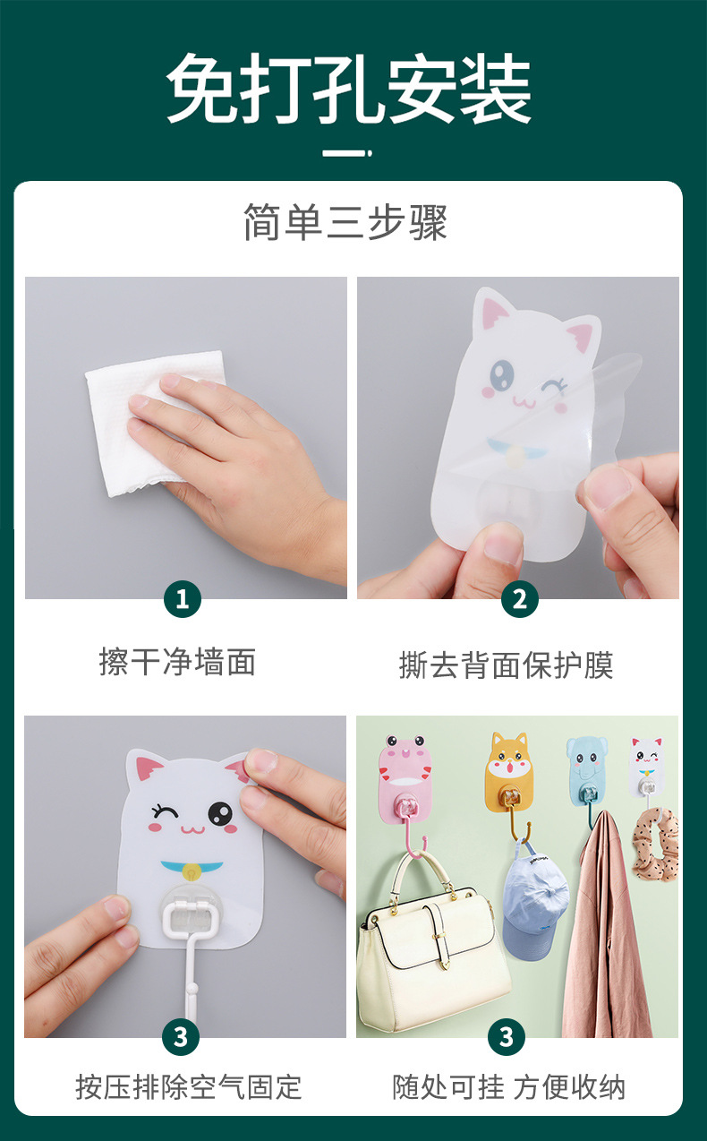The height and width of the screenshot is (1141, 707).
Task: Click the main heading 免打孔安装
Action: pos(349,90)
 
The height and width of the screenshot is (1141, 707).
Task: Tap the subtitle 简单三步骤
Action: pos(345,222)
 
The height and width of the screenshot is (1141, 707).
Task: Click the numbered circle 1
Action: pos(183,598)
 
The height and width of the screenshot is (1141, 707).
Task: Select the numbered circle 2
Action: pos(519,598)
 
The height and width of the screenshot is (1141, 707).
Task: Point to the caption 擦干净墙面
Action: pos(177,662)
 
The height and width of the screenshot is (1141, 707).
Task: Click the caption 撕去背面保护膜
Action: pos(506,665)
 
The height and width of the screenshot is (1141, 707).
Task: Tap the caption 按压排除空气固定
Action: pos(189,1086)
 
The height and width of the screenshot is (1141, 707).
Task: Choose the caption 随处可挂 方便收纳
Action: pos(509,1086)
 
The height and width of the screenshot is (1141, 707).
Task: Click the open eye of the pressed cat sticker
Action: pos(219,813)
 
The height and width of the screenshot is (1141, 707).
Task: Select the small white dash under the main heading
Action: pos(345,153)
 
